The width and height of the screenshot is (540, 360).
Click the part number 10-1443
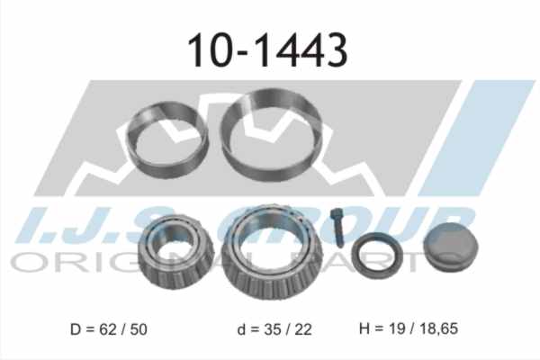point(267,50)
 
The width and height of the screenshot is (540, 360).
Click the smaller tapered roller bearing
point(175,275)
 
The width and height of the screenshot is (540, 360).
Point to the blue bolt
point(337,228)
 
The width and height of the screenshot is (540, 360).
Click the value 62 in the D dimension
point(108,329)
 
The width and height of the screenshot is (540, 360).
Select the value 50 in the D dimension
point(139,329)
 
